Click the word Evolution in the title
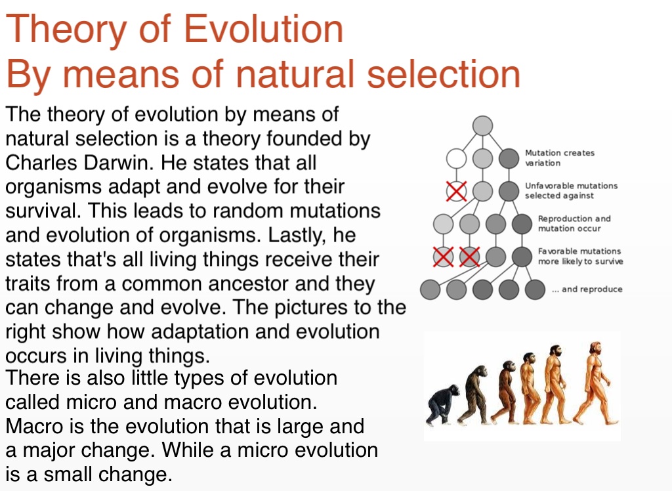263,28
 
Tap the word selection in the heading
444,74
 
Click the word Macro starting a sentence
35,426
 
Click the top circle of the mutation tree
482,125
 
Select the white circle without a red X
457,158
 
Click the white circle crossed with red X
457,191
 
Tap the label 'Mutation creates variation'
560,158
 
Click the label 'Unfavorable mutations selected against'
572,191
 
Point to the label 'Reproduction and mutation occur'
574,223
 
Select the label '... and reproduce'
587,289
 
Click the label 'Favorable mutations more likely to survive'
581,257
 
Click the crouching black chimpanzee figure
442,404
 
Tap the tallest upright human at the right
595,383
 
